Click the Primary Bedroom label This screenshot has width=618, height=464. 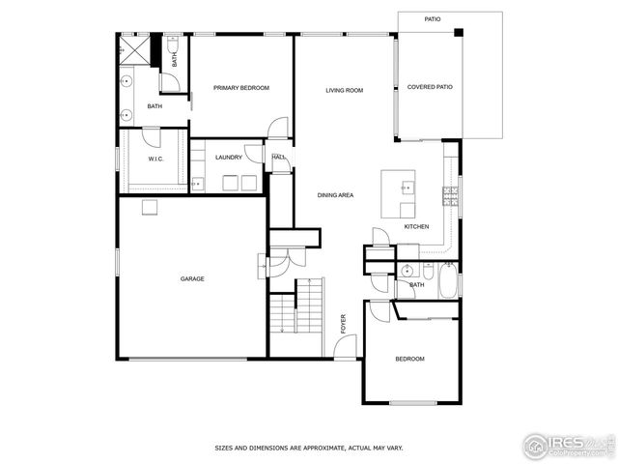tap(240, 88)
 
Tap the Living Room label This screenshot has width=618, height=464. tap(344, 90)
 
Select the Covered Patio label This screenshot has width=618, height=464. tap(430, 87)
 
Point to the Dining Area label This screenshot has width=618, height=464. tap(335, 195)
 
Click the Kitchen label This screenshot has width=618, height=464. tap(416, 226)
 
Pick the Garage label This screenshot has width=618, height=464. tap(192, 278)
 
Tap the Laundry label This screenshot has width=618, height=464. tap(229, 158)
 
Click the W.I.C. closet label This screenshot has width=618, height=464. tap(154, 159)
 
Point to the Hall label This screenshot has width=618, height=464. tap(278, 157)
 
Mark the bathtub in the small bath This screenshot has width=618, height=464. tap(447, 281)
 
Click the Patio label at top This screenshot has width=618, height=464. tap(433, 18)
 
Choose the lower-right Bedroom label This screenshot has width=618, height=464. tap(409, 359)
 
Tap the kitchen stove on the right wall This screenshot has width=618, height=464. tap(450, 196)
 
